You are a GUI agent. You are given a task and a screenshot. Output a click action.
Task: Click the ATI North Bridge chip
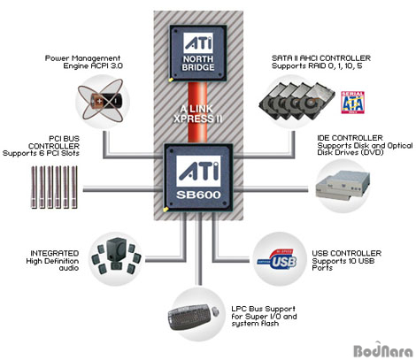[x=198, y=53]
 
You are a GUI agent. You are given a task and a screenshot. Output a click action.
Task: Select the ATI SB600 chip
[x=198, y=178]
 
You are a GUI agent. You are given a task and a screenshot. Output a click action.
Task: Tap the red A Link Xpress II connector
[x=197, y=113]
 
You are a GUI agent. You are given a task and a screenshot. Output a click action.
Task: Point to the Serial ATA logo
[x=353, y=103]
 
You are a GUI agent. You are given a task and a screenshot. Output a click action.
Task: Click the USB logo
[x=277, y=259]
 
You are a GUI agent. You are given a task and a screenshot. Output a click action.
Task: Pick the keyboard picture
[x=194, y=317]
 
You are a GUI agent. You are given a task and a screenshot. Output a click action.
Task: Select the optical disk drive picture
[x=343, y=186]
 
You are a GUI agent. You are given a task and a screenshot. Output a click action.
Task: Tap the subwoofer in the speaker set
[x=116, y=249]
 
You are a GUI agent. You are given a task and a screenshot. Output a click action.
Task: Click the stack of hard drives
[x=297, y=102]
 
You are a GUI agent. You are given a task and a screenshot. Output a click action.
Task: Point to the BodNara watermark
[x=383, y=350]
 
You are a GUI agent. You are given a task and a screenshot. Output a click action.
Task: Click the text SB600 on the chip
[x=198, y=195]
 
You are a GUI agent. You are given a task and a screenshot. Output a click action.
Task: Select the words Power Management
[x=82, y=58]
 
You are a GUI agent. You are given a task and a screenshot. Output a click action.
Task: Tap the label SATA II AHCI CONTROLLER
[x=321, y=58]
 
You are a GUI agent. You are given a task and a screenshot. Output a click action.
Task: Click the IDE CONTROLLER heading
[x=350, y=138]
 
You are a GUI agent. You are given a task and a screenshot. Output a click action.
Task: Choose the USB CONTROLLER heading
[x=347, y=253]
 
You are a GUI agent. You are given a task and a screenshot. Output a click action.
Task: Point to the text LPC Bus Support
[x=263, y=309]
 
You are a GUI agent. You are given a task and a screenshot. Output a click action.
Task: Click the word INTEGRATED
[x=55, y=253]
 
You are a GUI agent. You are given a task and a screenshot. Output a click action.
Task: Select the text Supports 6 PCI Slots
[x=41, y=153]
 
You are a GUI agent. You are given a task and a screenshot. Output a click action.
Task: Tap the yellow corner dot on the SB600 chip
[x=166, y=210]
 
